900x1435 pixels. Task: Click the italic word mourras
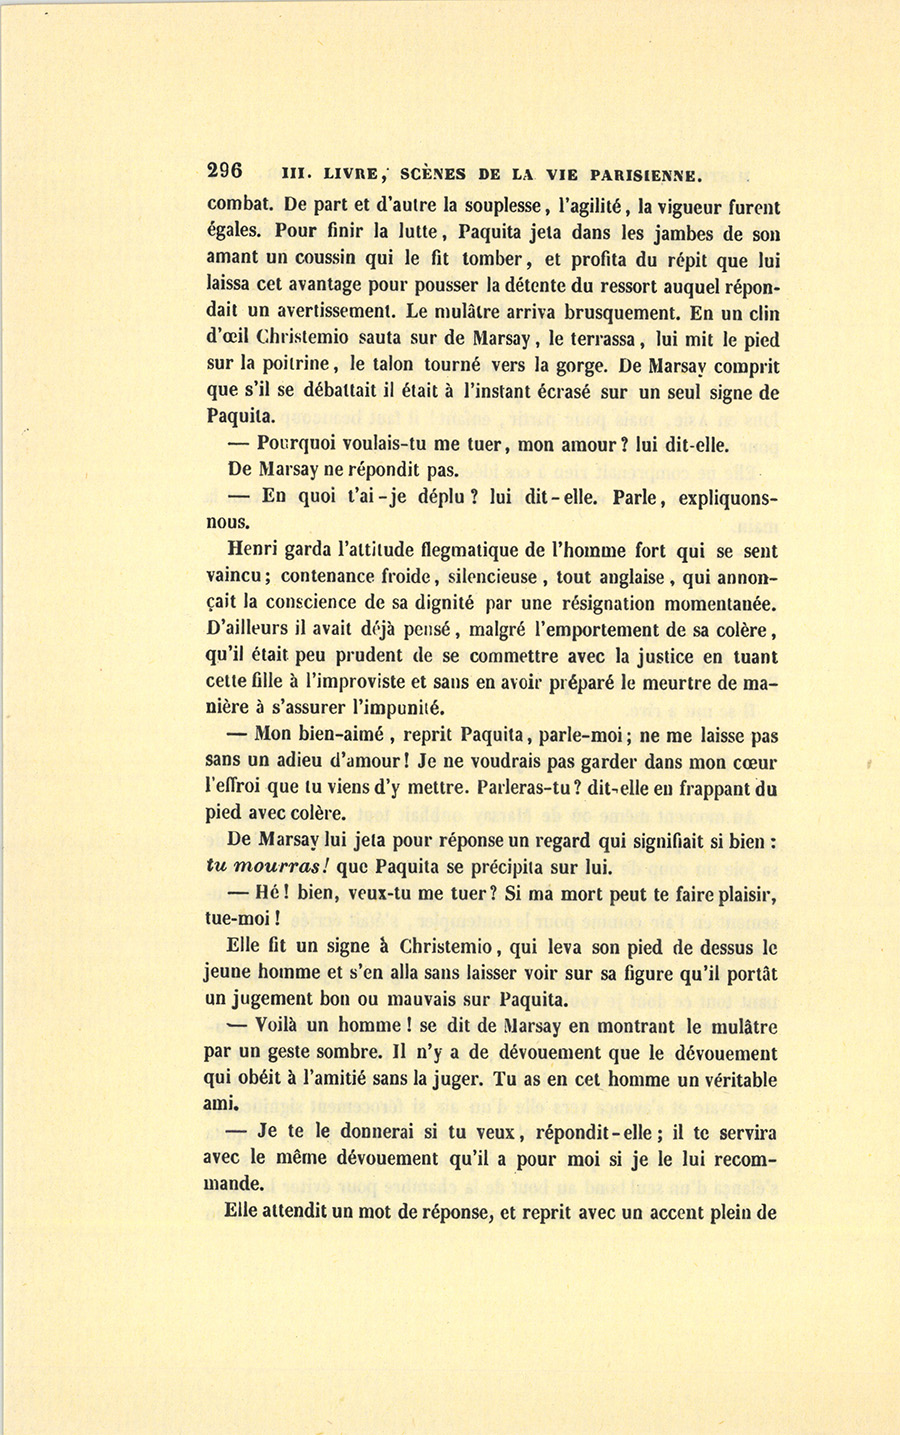pos(279,867)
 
